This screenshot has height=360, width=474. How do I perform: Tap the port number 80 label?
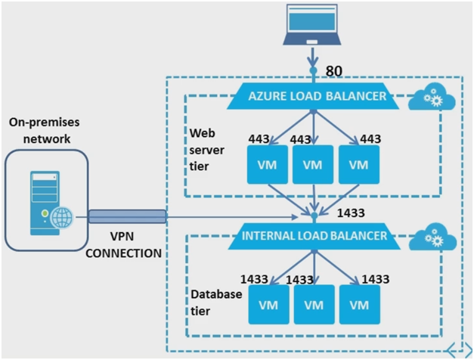coord(335,71)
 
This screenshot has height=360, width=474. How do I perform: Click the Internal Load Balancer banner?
coord(314,235)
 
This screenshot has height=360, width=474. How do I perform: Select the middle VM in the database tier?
coord(312,305)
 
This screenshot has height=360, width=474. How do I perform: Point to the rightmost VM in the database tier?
coord(358,305)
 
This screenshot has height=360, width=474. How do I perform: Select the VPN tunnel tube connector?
coord(126,217)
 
